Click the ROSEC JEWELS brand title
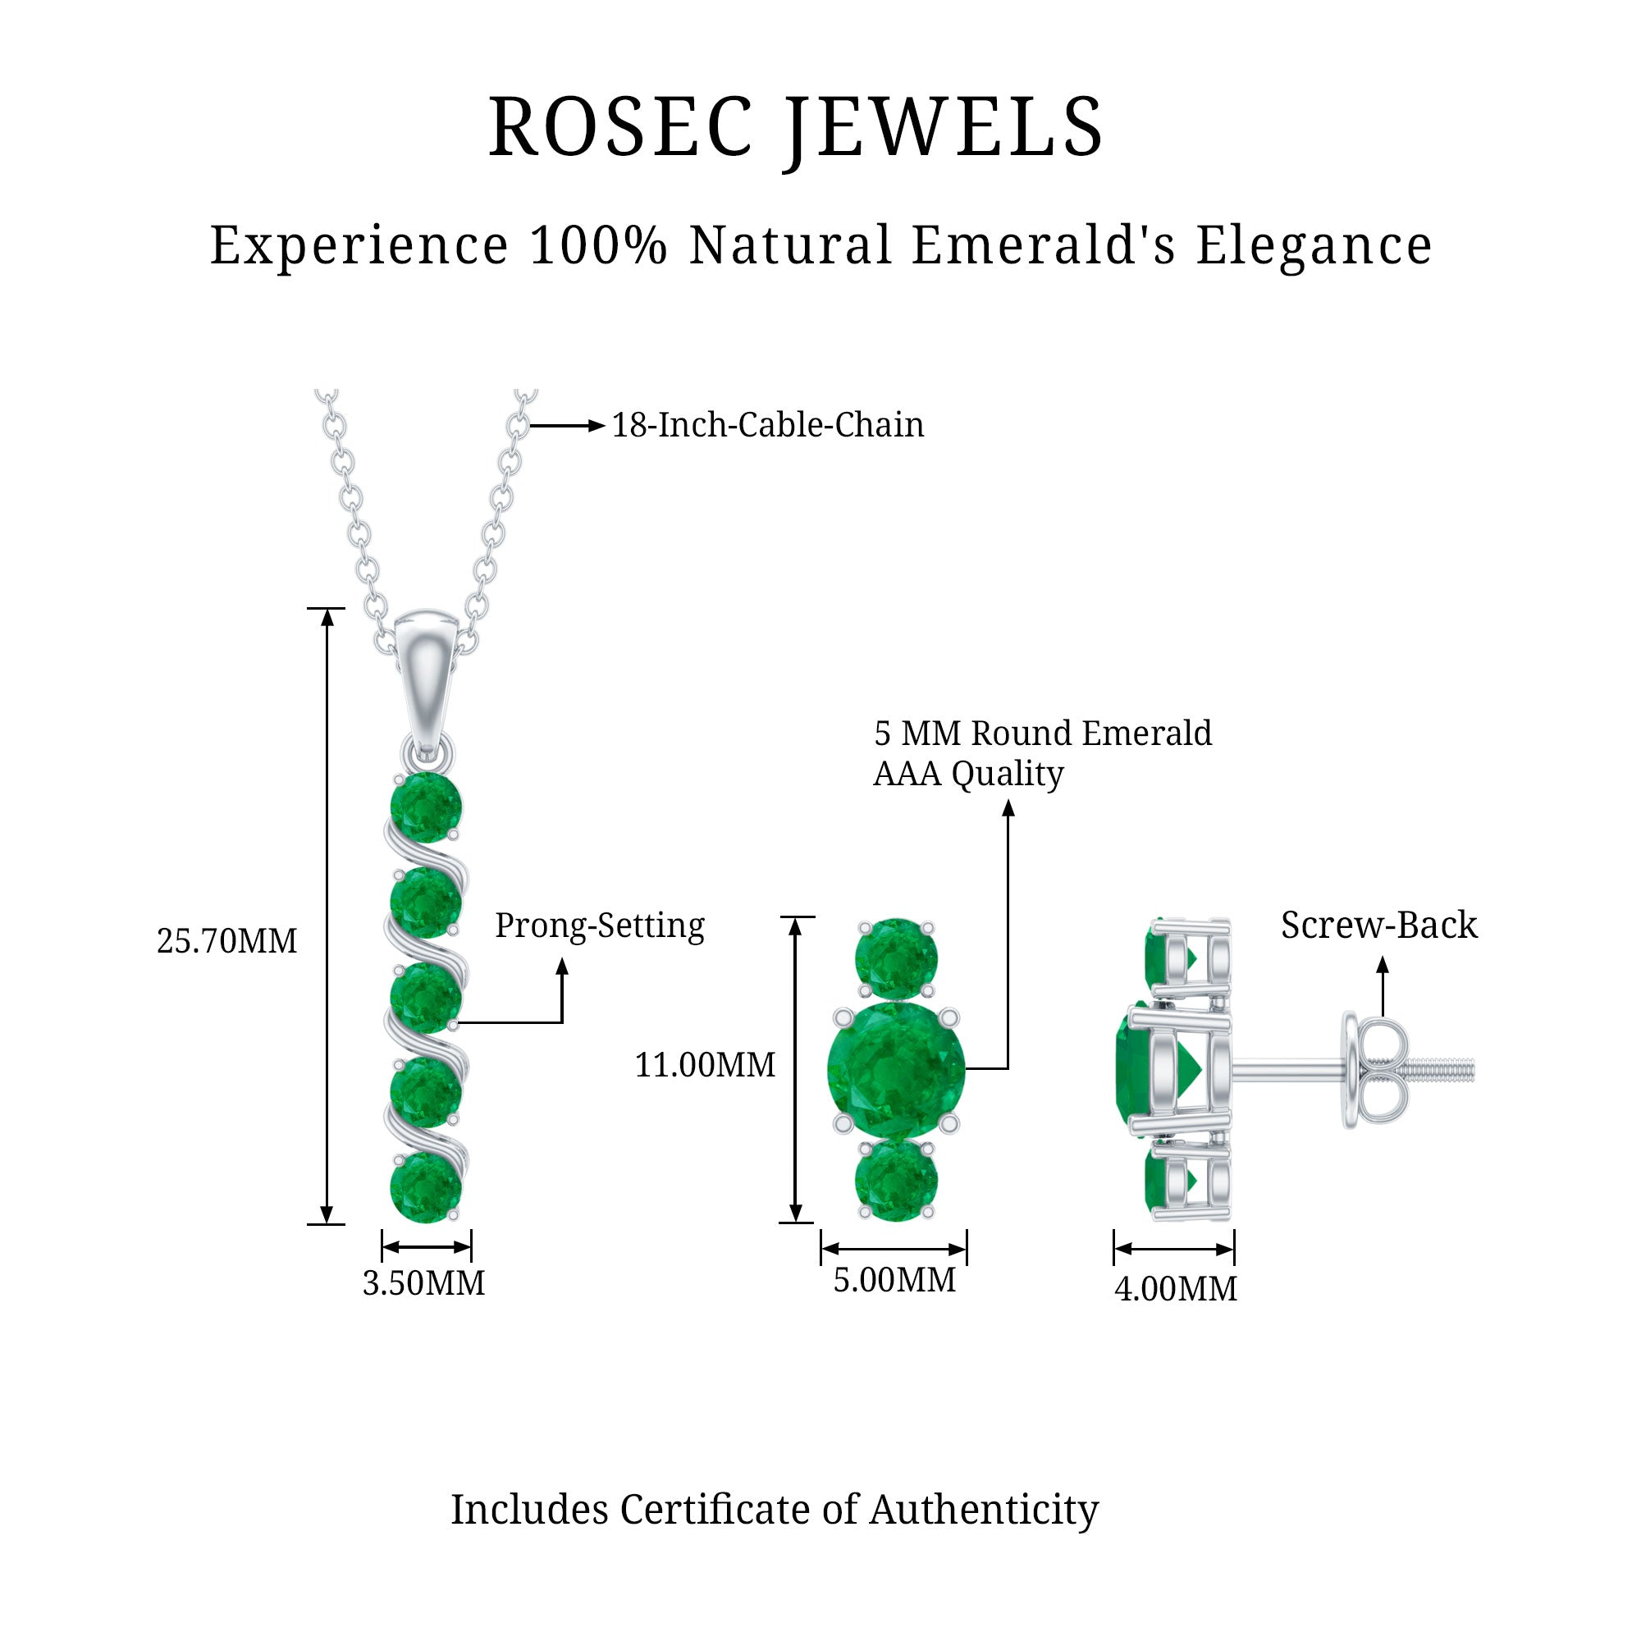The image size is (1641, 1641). [796, 127]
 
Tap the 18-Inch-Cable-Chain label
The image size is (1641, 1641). [767, 425]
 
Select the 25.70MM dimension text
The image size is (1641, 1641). [226, 941]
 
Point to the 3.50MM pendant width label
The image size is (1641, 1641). [424, 1282]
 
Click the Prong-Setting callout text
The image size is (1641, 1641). [600, 925]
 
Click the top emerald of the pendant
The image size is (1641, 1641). [426, 807]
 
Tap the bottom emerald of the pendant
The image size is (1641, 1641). [426, 1186]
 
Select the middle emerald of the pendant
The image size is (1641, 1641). [426, 997]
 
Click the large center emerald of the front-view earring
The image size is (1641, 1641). [896, 1069]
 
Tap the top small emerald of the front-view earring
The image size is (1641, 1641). [896, 959]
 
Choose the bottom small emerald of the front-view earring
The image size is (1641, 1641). [896, 1180]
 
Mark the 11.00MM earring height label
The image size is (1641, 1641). [705, 1065]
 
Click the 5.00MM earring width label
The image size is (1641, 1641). [894, 1280]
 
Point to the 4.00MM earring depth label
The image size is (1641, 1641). [1176, 1288]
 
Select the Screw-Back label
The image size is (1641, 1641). [1378, 925]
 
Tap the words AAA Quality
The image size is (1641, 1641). [968, 773]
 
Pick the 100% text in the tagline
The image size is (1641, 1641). [599, 245]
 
